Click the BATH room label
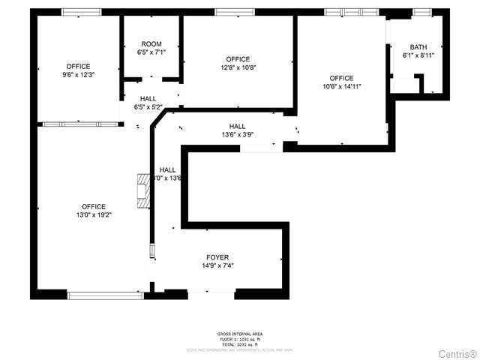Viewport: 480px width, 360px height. [418, 47]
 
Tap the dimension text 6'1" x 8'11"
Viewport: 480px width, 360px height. [418, 55]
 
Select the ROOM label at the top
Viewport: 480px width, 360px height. [151, 44]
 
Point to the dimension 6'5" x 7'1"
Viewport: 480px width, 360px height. [151, 52]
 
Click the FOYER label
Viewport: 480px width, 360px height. [217, 257]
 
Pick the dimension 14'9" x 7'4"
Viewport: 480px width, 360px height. [217, 265]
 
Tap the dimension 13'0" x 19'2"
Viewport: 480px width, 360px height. [94, 215]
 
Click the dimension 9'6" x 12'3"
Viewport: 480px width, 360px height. [78, 75]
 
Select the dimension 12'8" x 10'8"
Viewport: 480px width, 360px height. [238, 67]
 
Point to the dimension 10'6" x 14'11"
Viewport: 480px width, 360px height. [341, 86]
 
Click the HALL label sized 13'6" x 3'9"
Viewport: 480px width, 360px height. [237, 126]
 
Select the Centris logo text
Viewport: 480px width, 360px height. [457, 352]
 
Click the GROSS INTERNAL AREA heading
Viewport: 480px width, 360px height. [240, 334]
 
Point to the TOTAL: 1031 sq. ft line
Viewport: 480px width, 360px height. [240, 343]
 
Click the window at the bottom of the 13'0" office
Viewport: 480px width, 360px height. [104, 295]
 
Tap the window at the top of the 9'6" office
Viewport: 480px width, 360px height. [81, 12]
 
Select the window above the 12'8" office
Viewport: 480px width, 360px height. [235, 12]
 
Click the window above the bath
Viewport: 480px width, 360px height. [422, 12]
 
